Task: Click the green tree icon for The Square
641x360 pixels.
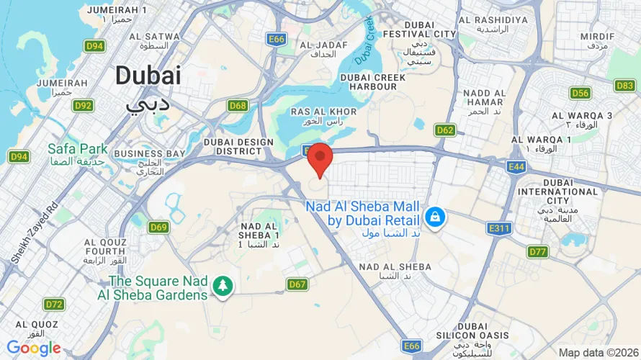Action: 223,287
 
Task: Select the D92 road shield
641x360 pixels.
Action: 84,105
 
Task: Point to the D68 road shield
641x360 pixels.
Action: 238,105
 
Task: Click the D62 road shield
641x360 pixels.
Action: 445,130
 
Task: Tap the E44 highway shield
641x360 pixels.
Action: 516,167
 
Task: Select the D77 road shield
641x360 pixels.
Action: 537,251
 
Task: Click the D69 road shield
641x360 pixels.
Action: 159,228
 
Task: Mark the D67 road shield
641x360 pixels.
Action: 298,284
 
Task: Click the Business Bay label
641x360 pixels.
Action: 150,158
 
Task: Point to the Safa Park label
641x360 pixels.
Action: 77,154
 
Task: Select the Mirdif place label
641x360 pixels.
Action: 597,40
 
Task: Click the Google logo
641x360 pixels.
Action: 34,348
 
